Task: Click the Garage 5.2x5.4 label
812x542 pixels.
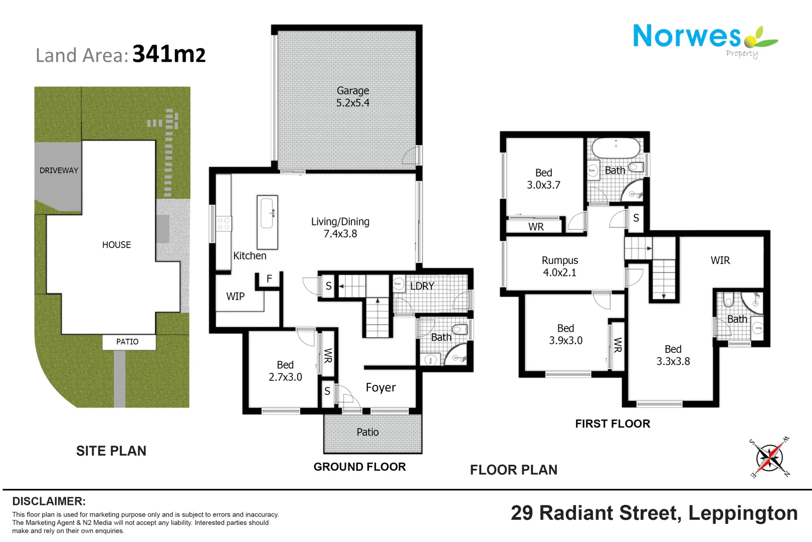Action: [x=353, y=96]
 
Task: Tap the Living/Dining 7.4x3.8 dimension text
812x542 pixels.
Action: [x=340, y=234]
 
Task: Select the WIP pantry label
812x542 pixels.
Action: [x=235, y=296]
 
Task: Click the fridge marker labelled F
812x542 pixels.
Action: [x=269, y=279]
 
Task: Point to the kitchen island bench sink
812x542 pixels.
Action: [x=267, y=213]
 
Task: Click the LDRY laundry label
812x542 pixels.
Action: [x=422, y=286]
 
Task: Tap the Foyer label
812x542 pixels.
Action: [x=380, y=388]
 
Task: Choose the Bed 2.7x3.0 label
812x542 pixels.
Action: [x=285, y=371]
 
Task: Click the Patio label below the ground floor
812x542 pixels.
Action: [x=367, y=432]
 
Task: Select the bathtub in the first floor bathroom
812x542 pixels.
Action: [x=616, y=148]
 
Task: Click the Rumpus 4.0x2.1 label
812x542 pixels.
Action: [x=560, y=266]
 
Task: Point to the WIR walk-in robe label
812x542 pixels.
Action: [x=720, y=260]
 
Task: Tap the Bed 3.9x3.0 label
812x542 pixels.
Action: [x=565, y=334]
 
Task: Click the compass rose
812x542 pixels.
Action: [x=769, y=458]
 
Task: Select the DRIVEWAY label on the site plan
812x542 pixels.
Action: [x=59, y=170]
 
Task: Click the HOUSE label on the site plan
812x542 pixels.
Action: [x=116, y=245]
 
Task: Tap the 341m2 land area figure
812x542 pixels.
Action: [x=169, y=54]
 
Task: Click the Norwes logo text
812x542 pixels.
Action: [x=687, y=36]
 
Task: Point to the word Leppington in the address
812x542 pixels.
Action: [x=743, y=513]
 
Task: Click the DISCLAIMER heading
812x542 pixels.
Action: [x=49, y=501]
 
